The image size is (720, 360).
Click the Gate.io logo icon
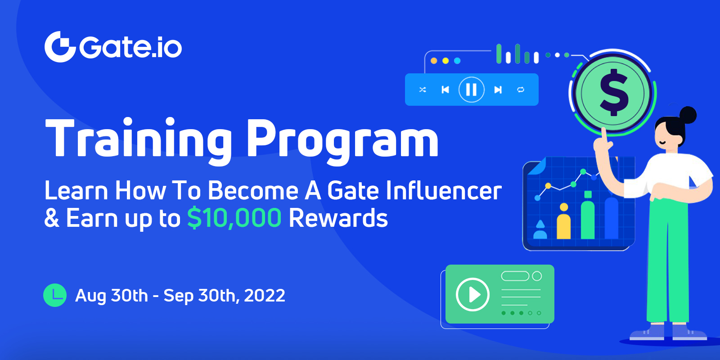coord(60,47)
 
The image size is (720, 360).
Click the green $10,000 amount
coord(234,218)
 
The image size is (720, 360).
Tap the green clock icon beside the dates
coord(55,295)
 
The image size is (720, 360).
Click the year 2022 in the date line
coord(265,295)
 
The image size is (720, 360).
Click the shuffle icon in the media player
coord(423,90)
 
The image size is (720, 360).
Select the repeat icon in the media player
coord(521,90)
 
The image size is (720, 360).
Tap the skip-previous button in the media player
coord(445,90)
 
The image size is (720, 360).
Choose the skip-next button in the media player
coord(498,90)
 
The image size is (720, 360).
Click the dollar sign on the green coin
coord(613,93)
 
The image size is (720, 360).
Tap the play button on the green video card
coord(472,294)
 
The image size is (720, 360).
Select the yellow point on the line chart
coord(549,185)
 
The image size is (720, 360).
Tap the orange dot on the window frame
coord(434,61)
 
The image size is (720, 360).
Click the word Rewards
coord(338,218)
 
